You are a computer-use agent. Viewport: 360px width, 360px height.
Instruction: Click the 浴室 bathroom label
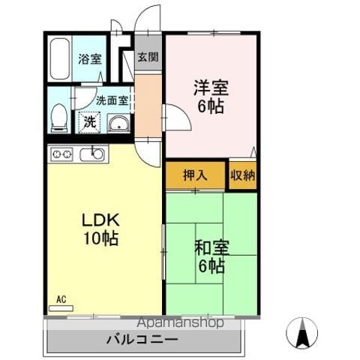coord(90,58)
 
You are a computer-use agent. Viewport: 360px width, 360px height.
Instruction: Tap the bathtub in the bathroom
coord(60,58)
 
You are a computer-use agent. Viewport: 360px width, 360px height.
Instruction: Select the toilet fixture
coord(59,118)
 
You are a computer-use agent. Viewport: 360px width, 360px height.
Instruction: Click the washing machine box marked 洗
coord(89,122)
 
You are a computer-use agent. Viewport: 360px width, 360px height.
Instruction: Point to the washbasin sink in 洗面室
coord(118,123)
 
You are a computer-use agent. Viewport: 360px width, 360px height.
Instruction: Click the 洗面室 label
coord(112,100)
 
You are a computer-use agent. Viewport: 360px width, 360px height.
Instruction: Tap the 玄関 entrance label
coord(148,57)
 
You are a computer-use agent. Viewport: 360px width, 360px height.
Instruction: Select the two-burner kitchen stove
coord(61,154)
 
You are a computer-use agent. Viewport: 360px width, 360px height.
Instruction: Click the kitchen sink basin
coord(91,154)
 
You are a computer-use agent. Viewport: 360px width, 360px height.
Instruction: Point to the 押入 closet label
coord(195,175)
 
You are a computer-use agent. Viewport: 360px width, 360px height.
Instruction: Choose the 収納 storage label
coord(243,175)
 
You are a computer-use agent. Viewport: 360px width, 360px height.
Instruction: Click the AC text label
coord(61,299)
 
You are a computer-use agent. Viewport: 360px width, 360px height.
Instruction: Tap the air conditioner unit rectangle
coord(61,308)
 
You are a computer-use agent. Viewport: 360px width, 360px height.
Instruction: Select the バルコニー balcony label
coord(142,340)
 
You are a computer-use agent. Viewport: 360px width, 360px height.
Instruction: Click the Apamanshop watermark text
coord(180,322)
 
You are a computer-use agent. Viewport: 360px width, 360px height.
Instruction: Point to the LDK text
coord(100,220)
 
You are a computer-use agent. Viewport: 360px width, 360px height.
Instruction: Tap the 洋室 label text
coord(211,88)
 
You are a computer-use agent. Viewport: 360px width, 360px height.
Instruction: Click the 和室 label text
coord(211,247)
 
